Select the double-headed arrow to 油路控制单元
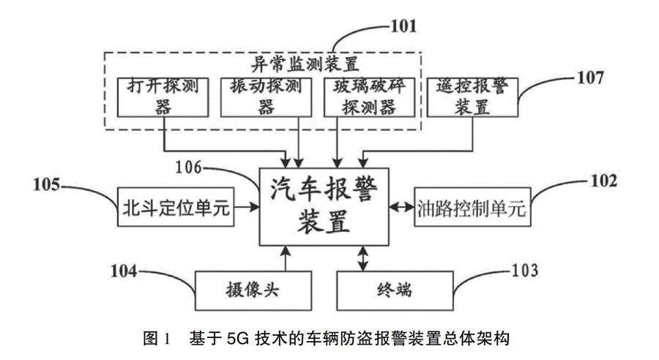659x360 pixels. tap(401, 208)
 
